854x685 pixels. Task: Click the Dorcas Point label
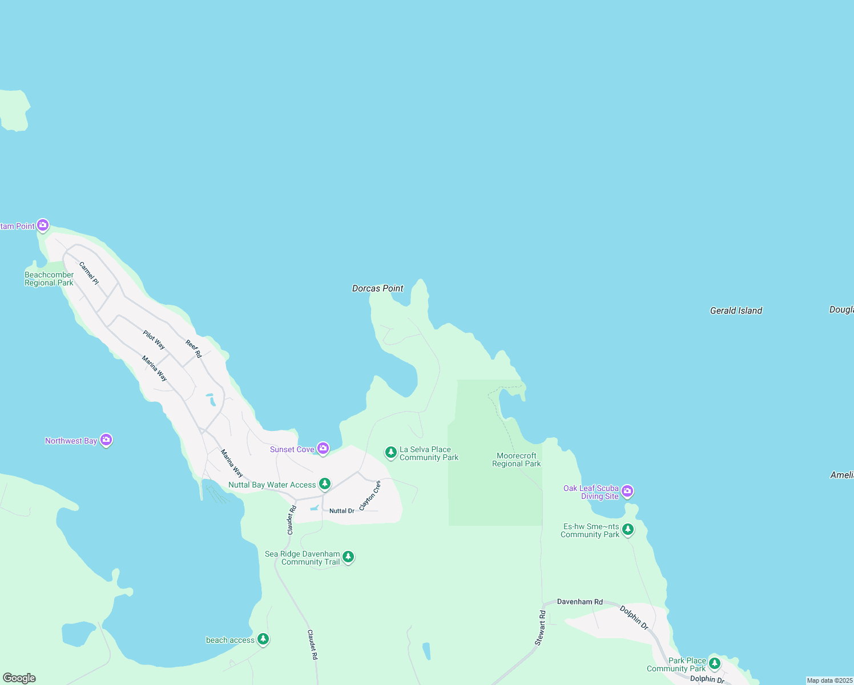[377, 289]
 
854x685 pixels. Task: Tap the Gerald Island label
[736, 311]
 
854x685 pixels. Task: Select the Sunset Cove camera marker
[323, 449]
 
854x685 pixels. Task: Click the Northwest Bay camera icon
[106, 440]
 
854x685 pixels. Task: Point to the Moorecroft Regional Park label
[516, 460]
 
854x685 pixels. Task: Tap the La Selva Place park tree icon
[390, 453]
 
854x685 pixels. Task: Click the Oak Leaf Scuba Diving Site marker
[627, 491]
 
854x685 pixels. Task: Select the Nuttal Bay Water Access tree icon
[325, 484]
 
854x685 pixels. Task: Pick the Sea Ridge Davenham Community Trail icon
[348, 557]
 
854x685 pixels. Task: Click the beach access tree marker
[263, 639]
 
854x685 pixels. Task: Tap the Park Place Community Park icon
[715, 663]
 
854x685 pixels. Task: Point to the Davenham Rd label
[579, 602]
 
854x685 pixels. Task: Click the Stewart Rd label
[540, 628]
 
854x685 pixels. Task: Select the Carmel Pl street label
[89, 273]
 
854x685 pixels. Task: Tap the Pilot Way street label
[154, 340]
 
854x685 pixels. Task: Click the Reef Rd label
[194, 349]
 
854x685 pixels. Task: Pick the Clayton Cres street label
[370, 495]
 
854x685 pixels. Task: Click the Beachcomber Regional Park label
[49, 279]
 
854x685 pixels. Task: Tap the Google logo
[19, 678]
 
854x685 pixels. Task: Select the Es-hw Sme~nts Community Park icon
[628, 530]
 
